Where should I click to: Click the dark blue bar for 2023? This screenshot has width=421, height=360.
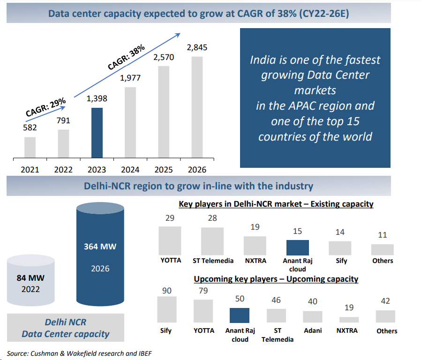point(97,133)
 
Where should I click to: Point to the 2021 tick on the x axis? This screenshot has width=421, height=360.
point(30,170)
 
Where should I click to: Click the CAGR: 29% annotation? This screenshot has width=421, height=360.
point(46,108)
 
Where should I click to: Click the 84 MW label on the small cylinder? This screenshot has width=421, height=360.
point(30,278)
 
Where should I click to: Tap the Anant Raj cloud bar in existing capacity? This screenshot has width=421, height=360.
point(297,247)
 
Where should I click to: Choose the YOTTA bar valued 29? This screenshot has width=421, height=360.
point(170,240)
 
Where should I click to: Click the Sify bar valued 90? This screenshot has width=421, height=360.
point(166,309)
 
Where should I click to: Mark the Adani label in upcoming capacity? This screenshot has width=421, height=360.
point(313,330)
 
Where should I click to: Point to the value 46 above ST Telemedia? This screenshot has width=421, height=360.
point(276,300)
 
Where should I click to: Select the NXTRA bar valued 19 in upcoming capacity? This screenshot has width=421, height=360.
point(349,320)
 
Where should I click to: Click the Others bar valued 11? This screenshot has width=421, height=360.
point(382,249)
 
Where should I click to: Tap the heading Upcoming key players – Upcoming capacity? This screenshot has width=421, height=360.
point(276,279)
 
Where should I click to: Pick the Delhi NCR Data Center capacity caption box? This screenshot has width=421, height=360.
point(65,328)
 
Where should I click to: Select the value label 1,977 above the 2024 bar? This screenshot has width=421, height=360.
point(130,78)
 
